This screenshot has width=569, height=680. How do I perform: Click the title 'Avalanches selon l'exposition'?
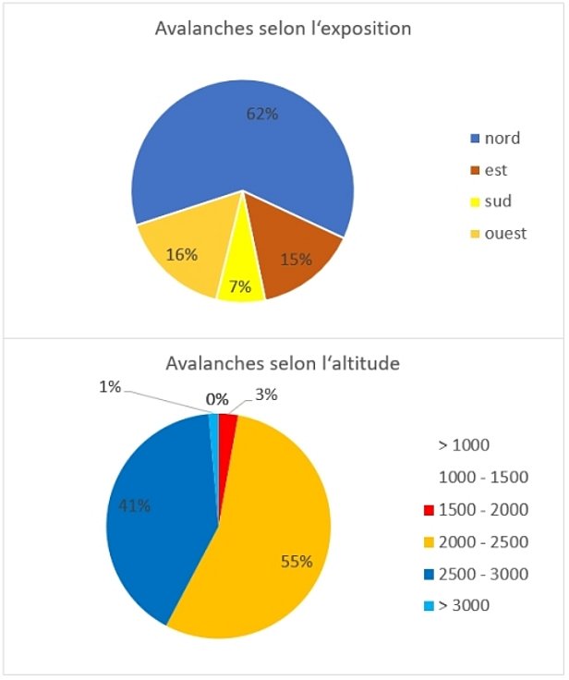(x=283, y=29)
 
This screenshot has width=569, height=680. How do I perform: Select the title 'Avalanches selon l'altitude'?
(x=283, y=363)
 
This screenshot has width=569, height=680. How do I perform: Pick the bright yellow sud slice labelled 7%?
(x=240, y=277)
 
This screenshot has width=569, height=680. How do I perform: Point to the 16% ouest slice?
(x=180, y=254)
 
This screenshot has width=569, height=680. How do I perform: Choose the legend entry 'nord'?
(x=495, y=139)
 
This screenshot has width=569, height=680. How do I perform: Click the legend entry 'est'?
(x=489, y=170)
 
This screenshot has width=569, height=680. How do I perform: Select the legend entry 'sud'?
(x=490, y=201)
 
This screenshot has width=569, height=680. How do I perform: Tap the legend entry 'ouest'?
(x=498, y=233)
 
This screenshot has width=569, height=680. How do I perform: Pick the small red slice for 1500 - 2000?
(x=227, y=428)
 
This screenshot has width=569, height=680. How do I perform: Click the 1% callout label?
(x=111, y=387)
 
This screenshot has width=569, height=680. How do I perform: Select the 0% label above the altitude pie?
(x=217, y=399)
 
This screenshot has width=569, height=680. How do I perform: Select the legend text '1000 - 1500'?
(x=482, y=478)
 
